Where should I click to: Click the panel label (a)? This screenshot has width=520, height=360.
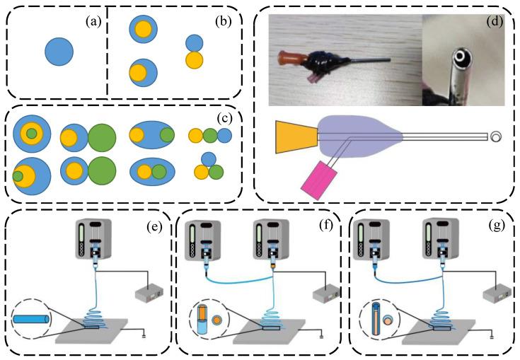(x=93, y=22)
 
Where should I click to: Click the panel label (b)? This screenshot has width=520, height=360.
(x=224, y=22)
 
